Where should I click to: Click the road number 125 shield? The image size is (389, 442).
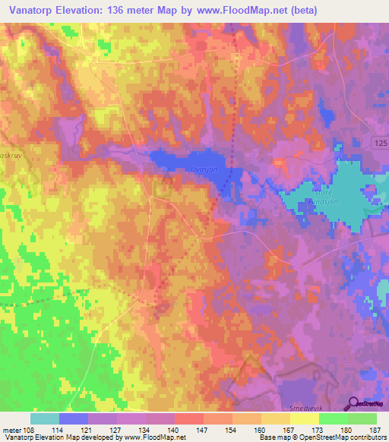(381, 143)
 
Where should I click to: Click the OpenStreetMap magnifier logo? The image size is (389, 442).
(353, 404)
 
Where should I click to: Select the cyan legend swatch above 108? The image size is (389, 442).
(45, 418)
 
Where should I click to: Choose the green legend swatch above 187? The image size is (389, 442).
(362, 418)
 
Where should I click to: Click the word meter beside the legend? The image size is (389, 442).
(13, 429)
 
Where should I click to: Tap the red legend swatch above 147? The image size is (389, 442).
(189, 418)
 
